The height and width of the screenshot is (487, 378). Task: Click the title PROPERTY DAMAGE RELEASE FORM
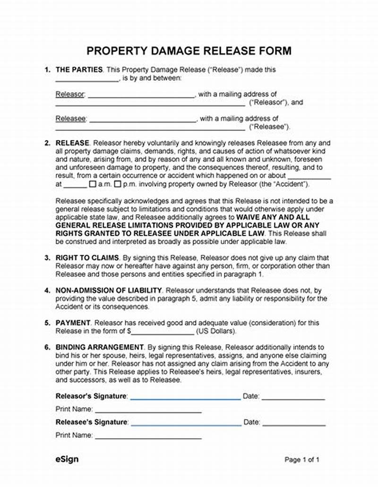[x=189, y=51]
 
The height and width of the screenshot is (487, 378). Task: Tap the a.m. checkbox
[x=93, y=184]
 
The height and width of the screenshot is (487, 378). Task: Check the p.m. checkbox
[x=119, y=184]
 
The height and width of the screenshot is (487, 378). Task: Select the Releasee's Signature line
[x=186, y=423]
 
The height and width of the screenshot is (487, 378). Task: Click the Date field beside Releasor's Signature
[x=293, y=398]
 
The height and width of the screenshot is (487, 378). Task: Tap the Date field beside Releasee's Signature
[x=293, y=423]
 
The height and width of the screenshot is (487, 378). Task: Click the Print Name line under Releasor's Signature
[x=148, y=410]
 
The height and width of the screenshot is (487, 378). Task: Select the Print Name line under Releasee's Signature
[x=148, y=436]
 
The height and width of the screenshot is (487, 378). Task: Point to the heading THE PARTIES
[x=79, y=69]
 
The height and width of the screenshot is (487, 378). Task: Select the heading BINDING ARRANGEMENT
[x=99, y=347]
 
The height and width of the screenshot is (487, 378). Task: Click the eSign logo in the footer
[x=65, y=459]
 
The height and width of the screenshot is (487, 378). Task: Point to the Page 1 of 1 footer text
[x=302, y=460]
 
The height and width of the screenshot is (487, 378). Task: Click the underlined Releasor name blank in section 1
[x=141, y=95]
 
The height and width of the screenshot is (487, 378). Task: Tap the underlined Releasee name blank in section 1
[x=142, y=120]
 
